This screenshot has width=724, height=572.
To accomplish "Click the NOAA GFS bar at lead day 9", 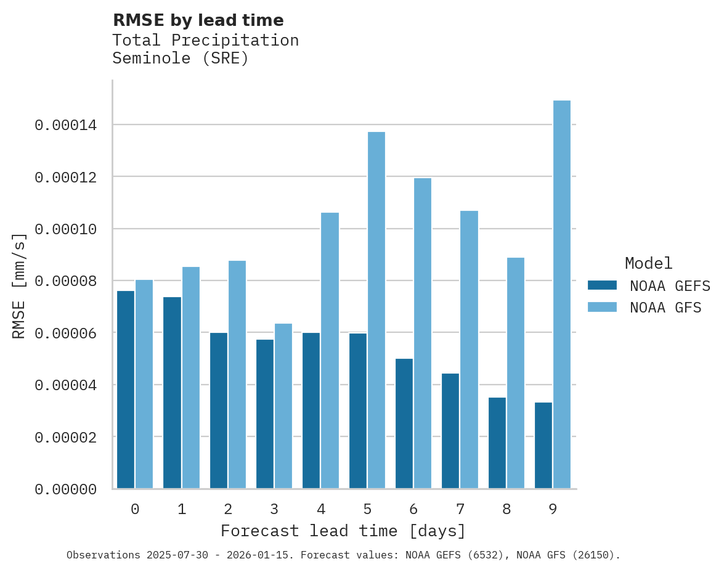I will tap(561, 295).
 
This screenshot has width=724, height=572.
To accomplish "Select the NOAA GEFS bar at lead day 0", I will tap(126, 390).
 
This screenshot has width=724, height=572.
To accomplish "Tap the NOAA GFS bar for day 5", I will tap(376, 310).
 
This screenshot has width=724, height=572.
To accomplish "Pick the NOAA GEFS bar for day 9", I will tap(543, 445).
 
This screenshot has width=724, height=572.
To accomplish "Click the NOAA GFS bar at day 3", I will tap(283, 406).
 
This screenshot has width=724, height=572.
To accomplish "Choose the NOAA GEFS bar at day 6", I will tap(404, 423).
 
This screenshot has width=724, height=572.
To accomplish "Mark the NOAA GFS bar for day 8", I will tap(515, 373).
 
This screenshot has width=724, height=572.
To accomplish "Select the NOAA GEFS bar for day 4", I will tap(311, 411).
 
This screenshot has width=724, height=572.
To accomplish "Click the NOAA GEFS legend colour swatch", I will tap(602, 285).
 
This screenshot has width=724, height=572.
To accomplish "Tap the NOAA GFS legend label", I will tap(665, 307).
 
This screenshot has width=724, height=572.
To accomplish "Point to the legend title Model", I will tap(648, 263).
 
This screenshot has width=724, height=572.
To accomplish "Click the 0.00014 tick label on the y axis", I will tap(66, 126).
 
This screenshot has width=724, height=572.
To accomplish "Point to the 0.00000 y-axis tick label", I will tap(66, 489).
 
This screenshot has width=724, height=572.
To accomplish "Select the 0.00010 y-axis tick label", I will tap(66, 229).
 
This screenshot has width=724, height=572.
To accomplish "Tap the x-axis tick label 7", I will tap(460, 509).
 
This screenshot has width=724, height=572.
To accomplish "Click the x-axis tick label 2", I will tap(228, 509).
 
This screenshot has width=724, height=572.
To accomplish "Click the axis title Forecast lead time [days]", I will tap(343, 531).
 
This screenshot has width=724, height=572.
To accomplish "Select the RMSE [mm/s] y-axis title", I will tap(19, 286).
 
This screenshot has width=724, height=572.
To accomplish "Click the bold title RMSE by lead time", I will tap(198, 20).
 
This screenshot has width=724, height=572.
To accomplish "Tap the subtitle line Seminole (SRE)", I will tap(181, 59).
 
